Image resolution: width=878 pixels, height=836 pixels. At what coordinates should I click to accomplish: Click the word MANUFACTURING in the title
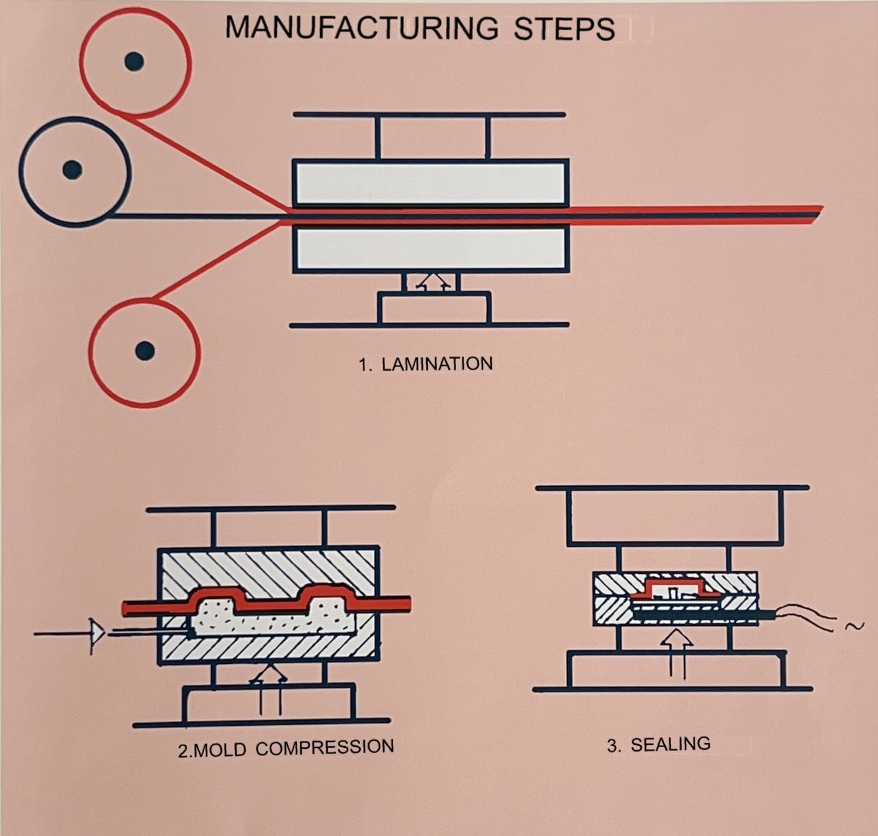pyautogui.click(x=361, y=28)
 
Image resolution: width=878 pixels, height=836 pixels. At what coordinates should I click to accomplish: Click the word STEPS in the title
pyautogui.click(x=564, y=29)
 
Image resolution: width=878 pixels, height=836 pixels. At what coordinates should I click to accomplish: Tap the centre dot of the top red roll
pyautogui.click(x=134, y=61)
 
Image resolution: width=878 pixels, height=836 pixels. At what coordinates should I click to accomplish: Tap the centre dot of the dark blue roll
pyautogui.click(x=73, y=169)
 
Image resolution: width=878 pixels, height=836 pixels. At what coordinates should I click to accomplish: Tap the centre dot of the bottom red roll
pyautogui.click(x=145, y=350)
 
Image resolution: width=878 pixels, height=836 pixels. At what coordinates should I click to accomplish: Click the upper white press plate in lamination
pyautogui.click(x=431, y=183)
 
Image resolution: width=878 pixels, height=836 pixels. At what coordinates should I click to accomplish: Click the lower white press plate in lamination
pyautogui.click(x=431, y=249)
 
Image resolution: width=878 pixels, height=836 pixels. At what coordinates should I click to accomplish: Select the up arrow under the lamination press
pyautogui.click(x=435, y=281)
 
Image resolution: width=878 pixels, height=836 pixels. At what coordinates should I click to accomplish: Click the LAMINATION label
pyautogui.click(x=437, y=364)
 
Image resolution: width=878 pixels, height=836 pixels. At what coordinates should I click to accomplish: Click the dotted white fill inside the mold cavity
pyautogui.click(x=271, y=623)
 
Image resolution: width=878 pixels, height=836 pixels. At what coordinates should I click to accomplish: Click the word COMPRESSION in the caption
pyautogui.click(x=324, y=748)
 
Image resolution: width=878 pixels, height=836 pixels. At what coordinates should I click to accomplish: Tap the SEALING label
pyautogui.click(x=670, y=744)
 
